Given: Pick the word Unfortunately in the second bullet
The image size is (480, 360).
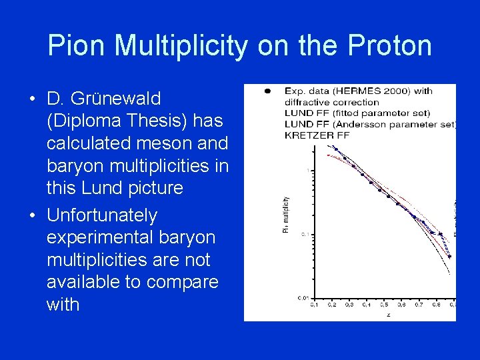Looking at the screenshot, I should tap(102, 215).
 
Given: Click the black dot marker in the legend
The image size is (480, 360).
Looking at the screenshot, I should tap(267, 90).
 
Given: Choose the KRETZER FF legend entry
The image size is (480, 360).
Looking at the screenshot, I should tap(317, 135).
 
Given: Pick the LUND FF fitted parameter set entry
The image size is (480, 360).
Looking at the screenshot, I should tap(357, 113).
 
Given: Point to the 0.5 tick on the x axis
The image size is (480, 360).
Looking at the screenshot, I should tap(384, 305).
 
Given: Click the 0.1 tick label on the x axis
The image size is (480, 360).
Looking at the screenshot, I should tap(315, 305).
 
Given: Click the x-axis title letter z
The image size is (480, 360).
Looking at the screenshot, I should tap(388, 315).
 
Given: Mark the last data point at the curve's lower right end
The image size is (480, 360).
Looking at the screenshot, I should tap(449, 256).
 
